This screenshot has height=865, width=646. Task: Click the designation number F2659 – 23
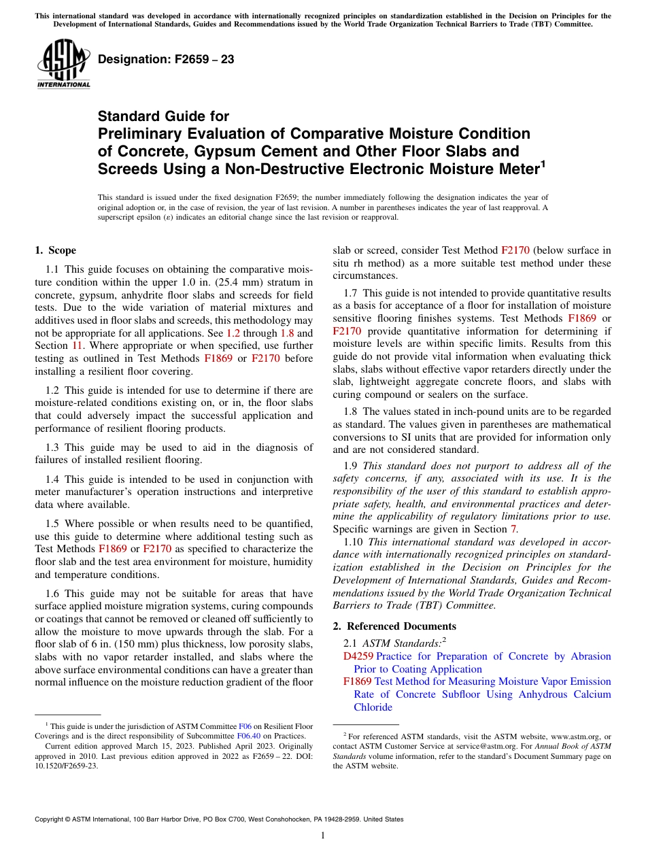point(166,59)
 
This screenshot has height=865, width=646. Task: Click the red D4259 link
point(358,656)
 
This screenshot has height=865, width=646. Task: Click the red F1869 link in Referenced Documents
point(358,681)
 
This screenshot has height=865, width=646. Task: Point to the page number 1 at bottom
point(323,835)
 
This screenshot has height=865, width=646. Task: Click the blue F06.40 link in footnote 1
point(248,736)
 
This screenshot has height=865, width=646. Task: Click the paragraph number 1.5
point(53,523)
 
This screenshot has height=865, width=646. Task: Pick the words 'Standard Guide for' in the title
point(163,116)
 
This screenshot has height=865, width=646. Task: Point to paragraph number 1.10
point(354,542)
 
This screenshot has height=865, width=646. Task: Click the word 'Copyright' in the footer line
point(52,819)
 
